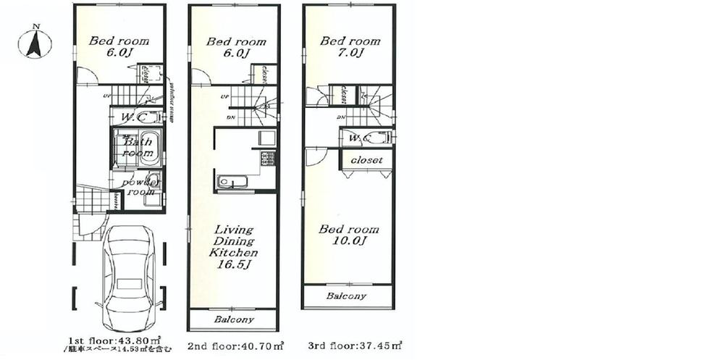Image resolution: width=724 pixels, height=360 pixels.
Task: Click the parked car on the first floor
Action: click(x=130, y=279)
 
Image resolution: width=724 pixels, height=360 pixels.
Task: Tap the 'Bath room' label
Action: click(x=138, y=148)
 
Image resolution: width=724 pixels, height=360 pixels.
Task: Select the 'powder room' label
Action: click(x=139, y=188)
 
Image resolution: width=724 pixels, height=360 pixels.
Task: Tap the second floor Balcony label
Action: click(x=233, y=319)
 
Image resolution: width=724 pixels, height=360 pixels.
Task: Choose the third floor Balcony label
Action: click(x=345, y=296)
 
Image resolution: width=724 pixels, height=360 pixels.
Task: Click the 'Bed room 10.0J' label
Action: click(x=349, y=235)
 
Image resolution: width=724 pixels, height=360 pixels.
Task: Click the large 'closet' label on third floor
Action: click(x=367, y=159)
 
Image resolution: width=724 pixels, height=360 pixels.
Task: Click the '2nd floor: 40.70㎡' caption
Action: click(x=235, y=346)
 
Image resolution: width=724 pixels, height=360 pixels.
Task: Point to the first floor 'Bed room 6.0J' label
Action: click(x=119, y=46)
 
